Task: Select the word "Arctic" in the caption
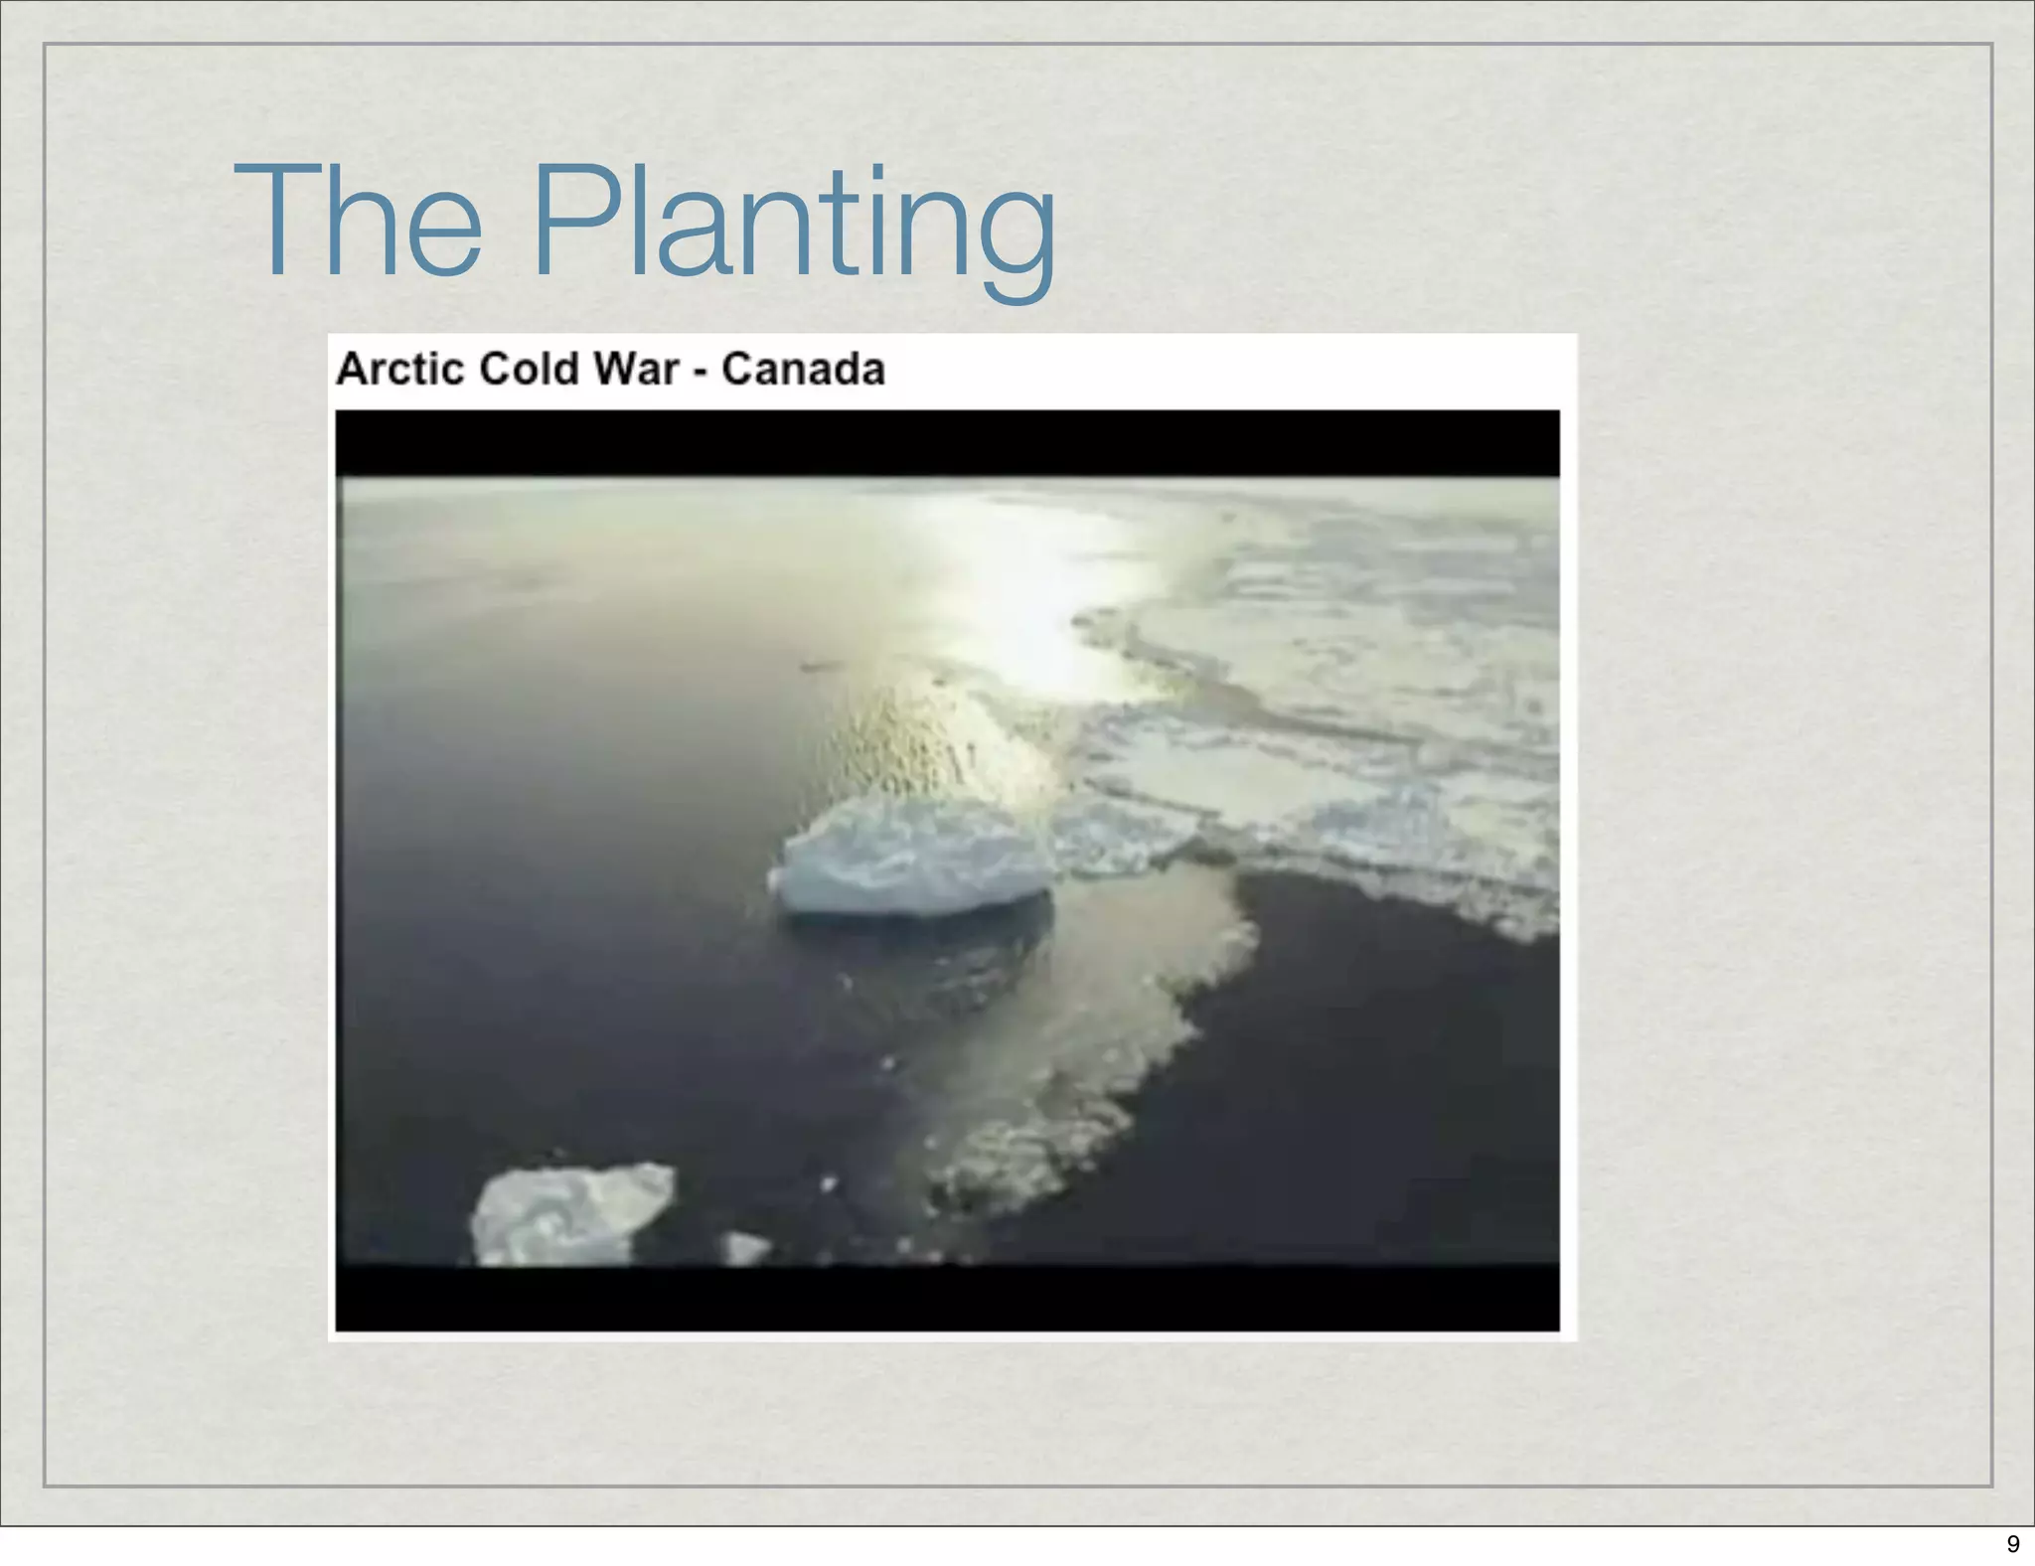point(400,369)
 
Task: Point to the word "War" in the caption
point(636,369)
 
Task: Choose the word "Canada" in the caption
point(803,369)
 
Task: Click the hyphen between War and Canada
point(701,372)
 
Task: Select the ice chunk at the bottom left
point(570,1214)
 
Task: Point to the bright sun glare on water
point(1023,596)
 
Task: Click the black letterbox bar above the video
point(946,443)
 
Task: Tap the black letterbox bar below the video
point(946,1297)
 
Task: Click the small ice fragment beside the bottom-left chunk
point(745,1247)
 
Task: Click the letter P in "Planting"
point(577,221)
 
